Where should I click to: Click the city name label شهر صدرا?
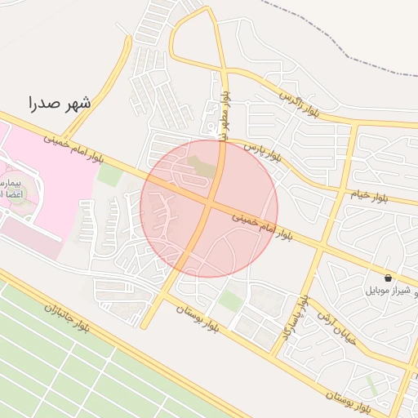click(60, 103)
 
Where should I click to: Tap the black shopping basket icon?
click(387, 278)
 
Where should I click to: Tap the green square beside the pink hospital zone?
click(109, 173)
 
